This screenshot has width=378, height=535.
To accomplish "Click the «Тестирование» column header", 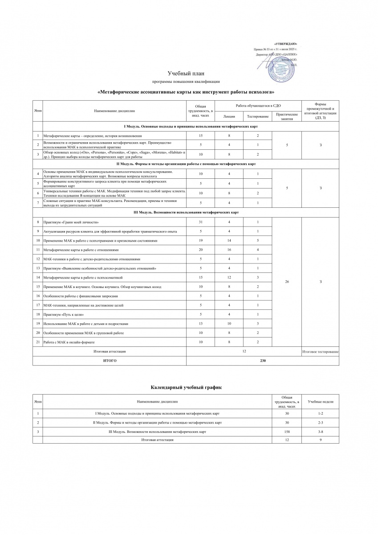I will pyautogui.click(x=258, y=116).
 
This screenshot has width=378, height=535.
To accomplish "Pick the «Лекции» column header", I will pyautogui.click(x=229, y=116).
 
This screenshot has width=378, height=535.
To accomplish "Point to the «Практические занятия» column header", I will pyautogui.click(x=287, y=116).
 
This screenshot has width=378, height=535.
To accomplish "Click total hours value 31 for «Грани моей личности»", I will pyautogui.click(x=201, y=222).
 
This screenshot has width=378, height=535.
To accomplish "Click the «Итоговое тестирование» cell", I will pyautogui.click(x=320, y=352).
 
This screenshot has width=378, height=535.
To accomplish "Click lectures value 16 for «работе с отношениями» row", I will pyautogui.click(x=229, y=250).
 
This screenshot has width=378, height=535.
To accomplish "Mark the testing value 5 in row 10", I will pyautogui.click(x=258, y=241).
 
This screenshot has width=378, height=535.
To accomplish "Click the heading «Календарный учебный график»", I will pyautogui.click(x=186, y=388).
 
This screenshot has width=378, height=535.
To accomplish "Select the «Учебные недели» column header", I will pyautogui.click(x=320, y=402).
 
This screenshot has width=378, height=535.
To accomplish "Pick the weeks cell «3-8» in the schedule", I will pyautogui.click(x=320, y=432).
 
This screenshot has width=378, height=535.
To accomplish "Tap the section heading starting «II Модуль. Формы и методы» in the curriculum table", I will pyautogui.click(x=185, y=164).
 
